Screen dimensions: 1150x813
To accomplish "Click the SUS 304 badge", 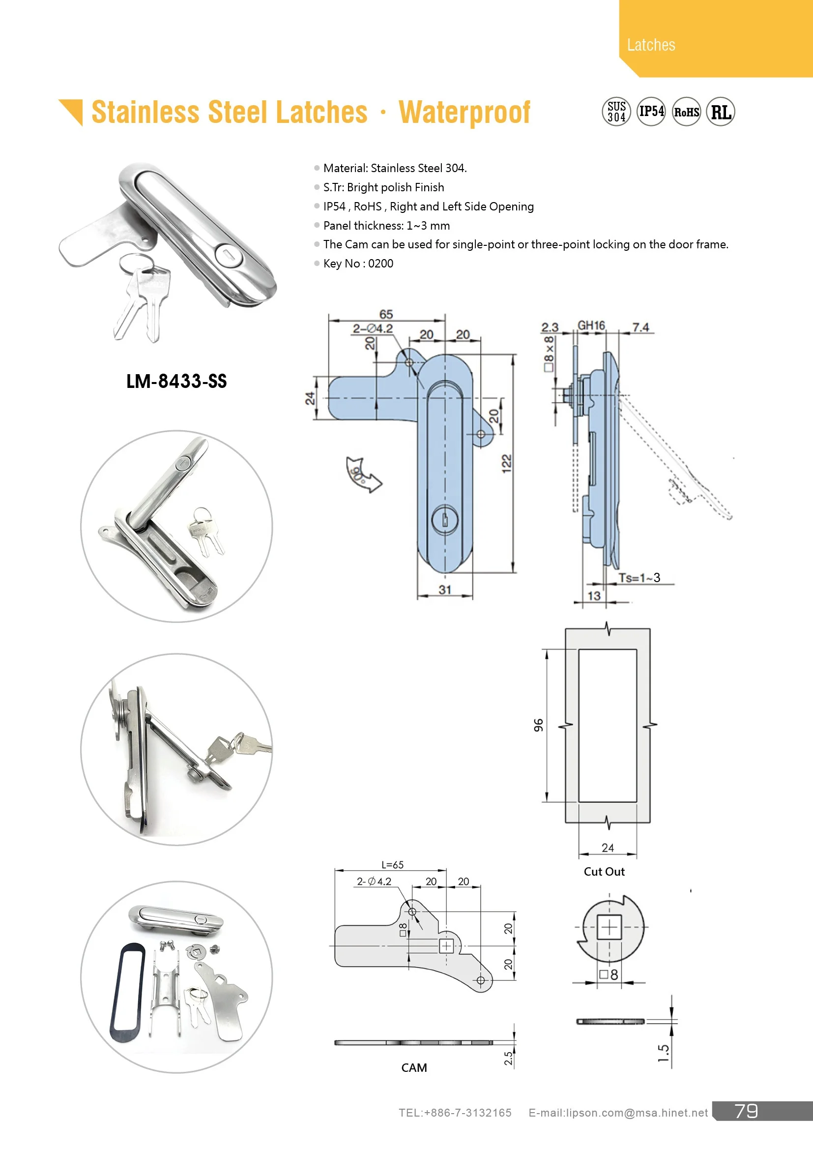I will point(616,112).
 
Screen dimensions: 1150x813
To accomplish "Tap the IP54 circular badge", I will point(651,112).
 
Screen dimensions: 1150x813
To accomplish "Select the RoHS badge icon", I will point(686,112).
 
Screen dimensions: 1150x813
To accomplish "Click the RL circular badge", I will point(721,112).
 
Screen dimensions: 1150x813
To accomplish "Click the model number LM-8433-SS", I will point(176,381).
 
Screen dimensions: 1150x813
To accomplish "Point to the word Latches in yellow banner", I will point(651,45).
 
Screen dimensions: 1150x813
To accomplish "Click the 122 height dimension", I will point(507,463).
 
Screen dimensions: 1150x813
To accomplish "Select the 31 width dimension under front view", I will point(444,590).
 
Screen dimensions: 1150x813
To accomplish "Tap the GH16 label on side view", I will point(591,325).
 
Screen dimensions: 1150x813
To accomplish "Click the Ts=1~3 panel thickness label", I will point(639,578).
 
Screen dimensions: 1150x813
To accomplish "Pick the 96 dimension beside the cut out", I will point(538,725).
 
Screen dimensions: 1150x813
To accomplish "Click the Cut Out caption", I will point(604,872).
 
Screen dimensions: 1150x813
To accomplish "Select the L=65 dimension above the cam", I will point(392,865).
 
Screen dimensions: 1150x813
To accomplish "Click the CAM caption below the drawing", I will point(414,1067).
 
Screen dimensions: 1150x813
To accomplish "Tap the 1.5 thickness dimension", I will point(663,1053).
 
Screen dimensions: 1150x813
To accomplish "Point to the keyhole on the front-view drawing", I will point(444,520).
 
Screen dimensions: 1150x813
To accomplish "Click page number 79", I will point(746,1111).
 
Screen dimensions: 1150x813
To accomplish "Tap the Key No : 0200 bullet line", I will point(358,264).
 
